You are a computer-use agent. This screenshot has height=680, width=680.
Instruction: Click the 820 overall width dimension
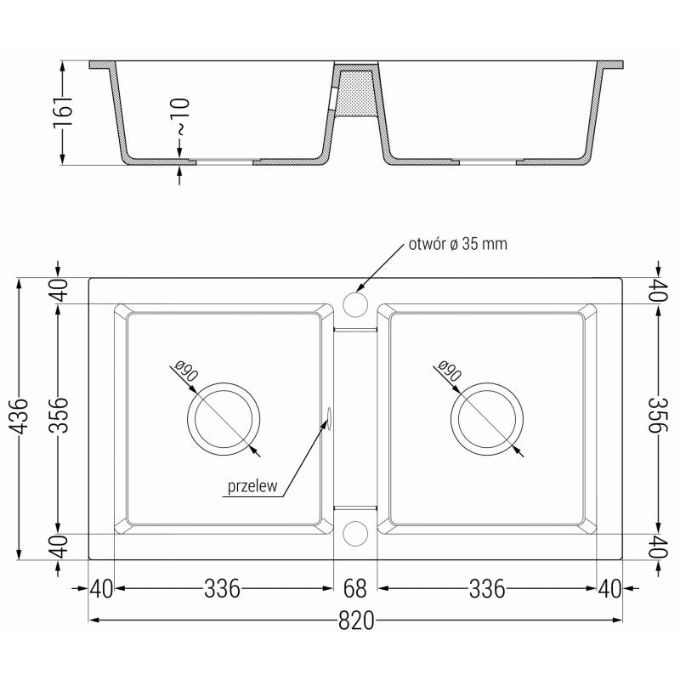click(355, 621)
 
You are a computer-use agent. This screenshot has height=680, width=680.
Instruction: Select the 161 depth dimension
click(63, 112)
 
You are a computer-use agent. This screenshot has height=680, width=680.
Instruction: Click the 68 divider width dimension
click(355, 588)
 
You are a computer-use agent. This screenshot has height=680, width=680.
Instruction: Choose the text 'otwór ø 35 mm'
click(458, 244)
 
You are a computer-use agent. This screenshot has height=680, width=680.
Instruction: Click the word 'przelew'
click(252, 486)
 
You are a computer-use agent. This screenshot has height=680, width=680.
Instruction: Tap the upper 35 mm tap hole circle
click(355, 304)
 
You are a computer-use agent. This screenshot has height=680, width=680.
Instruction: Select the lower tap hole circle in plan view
click(355, 533)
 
